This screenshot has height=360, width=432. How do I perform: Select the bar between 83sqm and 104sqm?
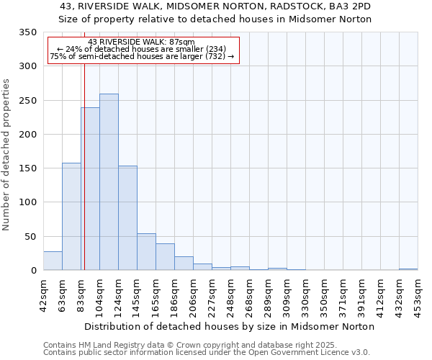click(x=90, y=189)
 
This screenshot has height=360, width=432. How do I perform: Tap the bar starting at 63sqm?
click(x=71, y=216)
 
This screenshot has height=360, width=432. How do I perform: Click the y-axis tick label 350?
click(x=27, y=32)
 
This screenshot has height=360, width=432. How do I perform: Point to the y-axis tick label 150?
click(x=27, y=168)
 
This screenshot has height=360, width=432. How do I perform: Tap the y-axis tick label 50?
click(x=30, y=236)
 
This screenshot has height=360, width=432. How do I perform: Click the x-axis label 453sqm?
click(x=418, y=294)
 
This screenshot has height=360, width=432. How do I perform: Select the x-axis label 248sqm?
click(x=230, y=294)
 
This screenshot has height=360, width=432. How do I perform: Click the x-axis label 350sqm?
click(x=324, y=294)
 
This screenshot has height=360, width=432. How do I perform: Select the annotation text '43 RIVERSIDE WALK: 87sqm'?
click(x=141, y=42)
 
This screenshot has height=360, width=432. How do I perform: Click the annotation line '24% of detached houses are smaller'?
click(x=141, y=50)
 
